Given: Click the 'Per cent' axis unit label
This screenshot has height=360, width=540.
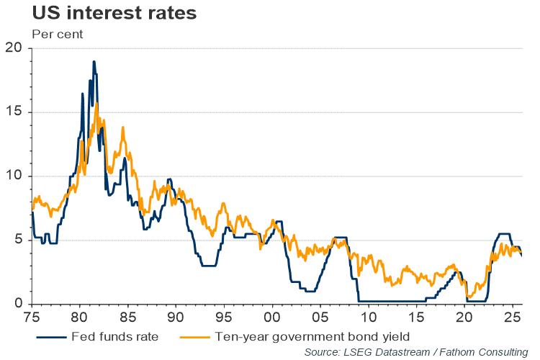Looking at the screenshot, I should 58,34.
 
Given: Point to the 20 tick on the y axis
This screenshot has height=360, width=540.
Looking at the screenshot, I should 14,48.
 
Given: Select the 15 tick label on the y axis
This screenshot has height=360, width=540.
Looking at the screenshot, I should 14,112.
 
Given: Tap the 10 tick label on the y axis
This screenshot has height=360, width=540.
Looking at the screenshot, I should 14,176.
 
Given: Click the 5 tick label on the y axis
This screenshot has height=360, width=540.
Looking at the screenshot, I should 18,240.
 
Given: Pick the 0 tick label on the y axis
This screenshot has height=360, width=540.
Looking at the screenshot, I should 18,304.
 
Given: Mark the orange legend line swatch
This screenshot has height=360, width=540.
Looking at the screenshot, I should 194,336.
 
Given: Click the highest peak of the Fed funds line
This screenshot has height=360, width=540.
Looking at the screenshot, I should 94,62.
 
